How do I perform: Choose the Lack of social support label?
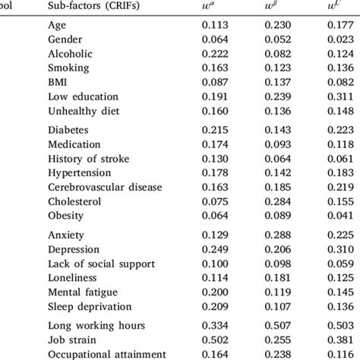click(x=93, y=262)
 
